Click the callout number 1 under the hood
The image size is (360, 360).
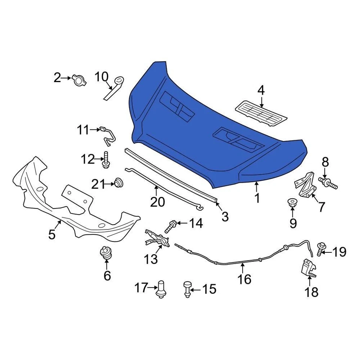[257, 198]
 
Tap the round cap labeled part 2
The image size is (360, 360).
[79, 79]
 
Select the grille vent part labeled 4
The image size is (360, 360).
[261, 112]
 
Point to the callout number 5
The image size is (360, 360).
[52, 234]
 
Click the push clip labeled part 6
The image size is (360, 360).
[106, 253]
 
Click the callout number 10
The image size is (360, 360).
[101, 77]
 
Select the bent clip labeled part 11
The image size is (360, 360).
[107, 136]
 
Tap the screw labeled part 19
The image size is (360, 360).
[321, 249]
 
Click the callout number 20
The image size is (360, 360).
[157, 202]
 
